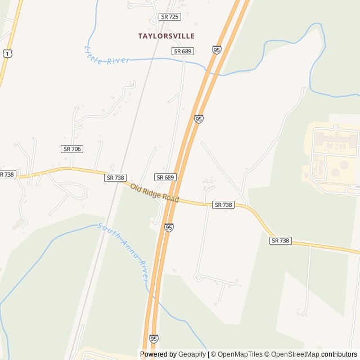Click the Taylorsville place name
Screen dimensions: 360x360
(x=166, y=36)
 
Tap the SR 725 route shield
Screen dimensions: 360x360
(x=170, y=17)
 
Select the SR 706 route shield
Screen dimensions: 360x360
(x=71, y=148)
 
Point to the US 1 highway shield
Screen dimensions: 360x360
(x=6, y=52)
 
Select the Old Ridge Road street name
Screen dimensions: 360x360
(x=154, y=193)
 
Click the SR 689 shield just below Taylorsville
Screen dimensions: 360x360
(x=183, y=51)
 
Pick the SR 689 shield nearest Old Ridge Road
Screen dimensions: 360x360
(x=165, y=177)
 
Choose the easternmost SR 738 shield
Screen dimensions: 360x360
(x=280, y=241)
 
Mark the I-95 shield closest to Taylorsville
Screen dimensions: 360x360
(x=217, y=50)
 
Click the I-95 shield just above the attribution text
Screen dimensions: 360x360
(x=154, y=339)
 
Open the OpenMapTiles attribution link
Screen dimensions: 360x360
(x=239, y=354)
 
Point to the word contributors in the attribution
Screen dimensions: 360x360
(x=339, y=354)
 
